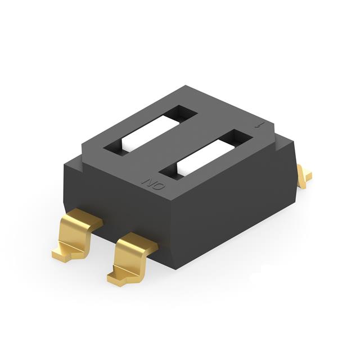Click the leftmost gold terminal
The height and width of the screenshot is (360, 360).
tap(77, 233)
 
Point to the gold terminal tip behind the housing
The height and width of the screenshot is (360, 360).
tap(304, 175)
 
